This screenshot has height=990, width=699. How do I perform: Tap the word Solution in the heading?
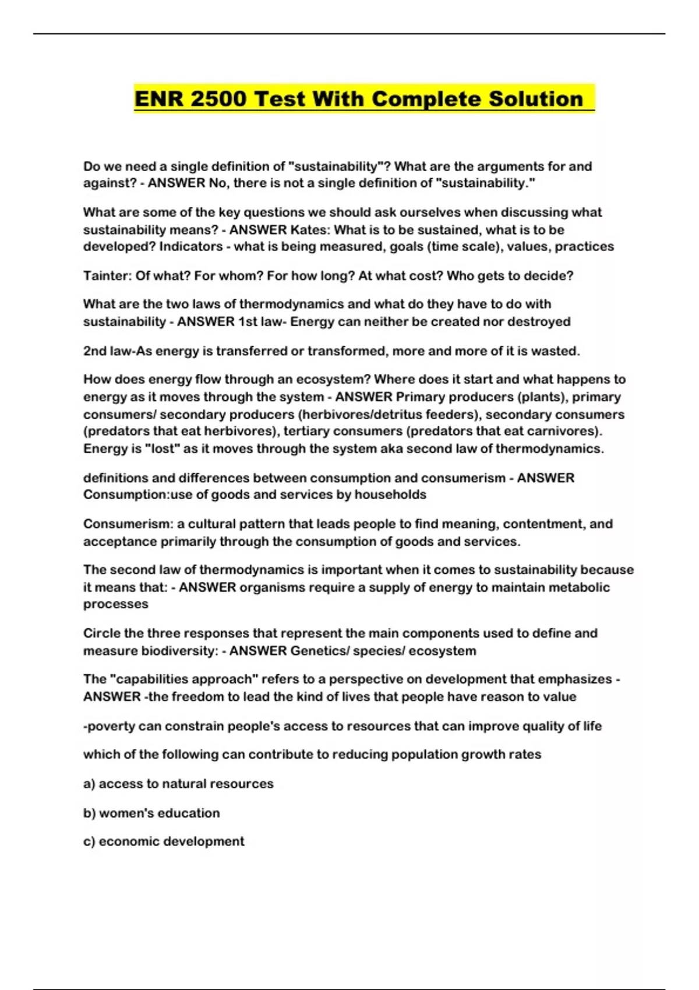535,98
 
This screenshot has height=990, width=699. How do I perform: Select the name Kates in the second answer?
309,229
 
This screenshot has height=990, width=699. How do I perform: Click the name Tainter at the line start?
107,275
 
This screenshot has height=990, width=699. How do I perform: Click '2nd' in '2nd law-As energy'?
95,351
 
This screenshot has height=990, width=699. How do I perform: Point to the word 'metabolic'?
580,587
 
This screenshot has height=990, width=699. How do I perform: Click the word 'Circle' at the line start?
101,633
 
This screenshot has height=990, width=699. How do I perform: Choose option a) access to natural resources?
178,784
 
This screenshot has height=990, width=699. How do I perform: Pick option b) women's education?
151,813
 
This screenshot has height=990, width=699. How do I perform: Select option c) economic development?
164,842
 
